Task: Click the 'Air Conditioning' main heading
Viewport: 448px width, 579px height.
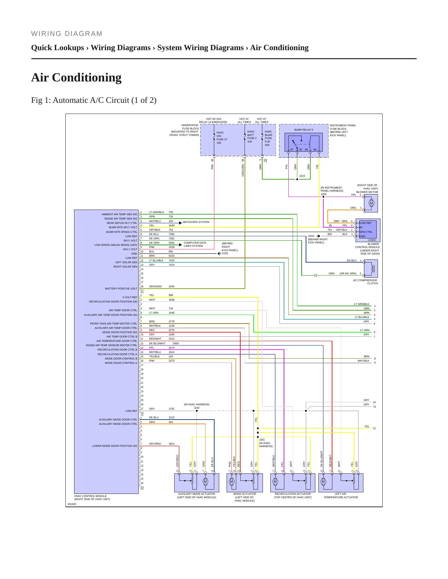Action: [x=76, y=77]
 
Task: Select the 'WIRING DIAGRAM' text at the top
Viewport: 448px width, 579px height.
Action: [x=67, y=34]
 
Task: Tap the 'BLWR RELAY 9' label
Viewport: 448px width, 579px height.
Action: [x=304, y=130]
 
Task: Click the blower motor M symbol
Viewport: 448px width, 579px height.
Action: [x=371, y=203]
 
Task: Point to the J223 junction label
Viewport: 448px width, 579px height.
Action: [x=302, y=176]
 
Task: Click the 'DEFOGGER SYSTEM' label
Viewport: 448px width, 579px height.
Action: [x=196, y=222]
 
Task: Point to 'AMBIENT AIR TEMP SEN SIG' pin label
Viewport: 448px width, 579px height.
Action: [x=119, y=214]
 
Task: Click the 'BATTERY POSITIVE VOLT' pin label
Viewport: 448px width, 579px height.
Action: [x=121, y=289]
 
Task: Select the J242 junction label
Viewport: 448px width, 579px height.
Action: [x=197, y=408]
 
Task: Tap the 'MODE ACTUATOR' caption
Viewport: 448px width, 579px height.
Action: [x=245, y=494]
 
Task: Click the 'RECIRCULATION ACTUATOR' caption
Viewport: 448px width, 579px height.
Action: [x=293, y=494]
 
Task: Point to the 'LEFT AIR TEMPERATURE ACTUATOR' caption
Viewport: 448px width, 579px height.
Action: [x=341, y=495]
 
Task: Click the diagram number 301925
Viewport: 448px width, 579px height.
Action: [x=72, y=504]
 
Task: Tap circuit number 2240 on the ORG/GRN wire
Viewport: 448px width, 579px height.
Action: [x=171, y=286]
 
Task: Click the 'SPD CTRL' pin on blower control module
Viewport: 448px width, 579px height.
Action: [x=366, y=232]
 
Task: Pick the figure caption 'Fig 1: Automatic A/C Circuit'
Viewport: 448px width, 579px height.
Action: [x=94, y=100]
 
